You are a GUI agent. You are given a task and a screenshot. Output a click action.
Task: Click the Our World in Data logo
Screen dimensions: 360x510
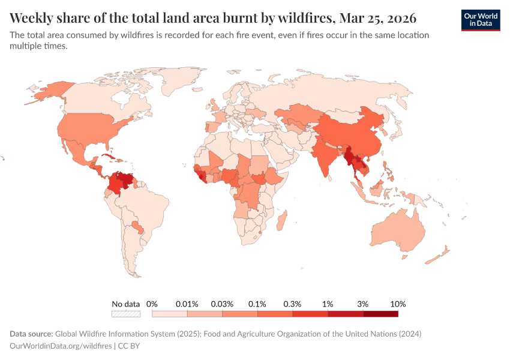tap(481, 20)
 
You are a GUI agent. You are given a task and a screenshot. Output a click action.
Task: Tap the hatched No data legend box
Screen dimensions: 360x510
tap(126, 313)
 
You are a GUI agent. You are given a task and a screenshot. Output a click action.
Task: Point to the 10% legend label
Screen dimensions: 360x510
tap(398, 304)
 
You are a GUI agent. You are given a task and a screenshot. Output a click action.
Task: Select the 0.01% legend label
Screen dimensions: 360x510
tap(187, 304)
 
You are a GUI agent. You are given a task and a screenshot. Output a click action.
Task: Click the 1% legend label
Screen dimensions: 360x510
tap(328, 304)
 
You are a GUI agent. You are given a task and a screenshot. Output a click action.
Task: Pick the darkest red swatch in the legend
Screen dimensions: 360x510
tap(380, 313)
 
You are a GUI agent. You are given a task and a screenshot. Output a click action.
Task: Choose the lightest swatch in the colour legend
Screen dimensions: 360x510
tap(170, 313)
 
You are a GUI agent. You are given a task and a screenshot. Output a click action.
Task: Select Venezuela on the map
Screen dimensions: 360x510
tap(124, 179)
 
